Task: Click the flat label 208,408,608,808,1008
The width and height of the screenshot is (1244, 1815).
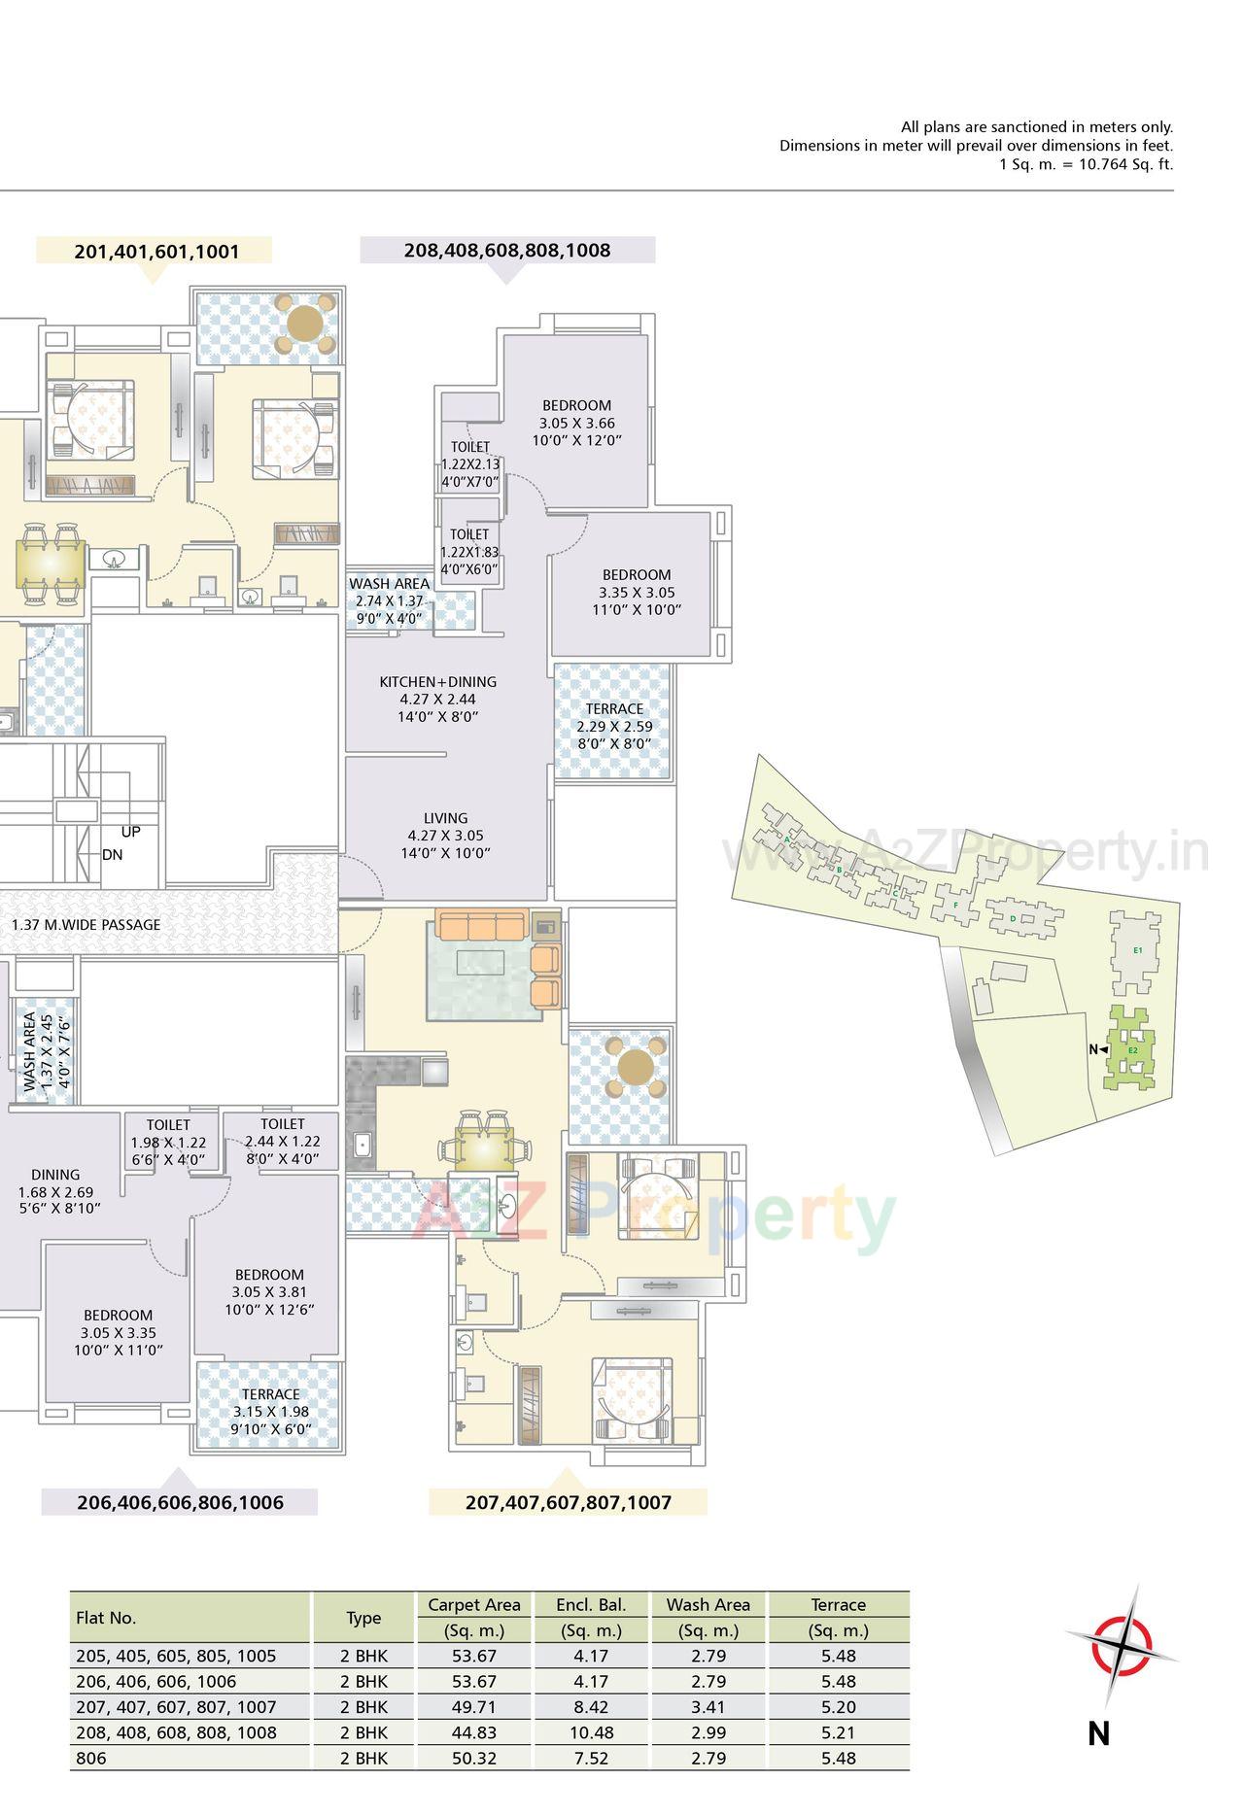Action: coord(507,251)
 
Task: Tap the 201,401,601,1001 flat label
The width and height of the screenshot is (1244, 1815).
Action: coord(156,252)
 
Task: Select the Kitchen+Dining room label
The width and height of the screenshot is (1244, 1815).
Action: coord(437,699)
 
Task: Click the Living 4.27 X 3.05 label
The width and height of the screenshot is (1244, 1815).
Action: coord(445,836)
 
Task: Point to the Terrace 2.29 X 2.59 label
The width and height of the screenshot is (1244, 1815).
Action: coord(614,726)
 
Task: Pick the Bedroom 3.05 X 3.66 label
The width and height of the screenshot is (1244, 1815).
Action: coord(576,423)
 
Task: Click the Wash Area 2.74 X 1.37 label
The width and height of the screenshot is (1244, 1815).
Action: coord(389,600)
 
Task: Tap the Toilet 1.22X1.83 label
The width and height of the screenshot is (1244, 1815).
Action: coord(469,552)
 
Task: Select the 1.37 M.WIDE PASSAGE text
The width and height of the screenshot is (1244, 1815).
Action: coord(86,924)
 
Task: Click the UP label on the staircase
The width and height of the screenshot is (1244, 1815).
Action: coord(130,833)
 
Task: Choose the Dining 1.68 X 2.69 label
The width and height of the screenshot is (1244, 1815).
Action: coord(55,1191)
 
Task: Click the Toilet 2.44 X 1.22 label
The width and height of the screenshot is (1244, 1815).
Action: coord(282,1142)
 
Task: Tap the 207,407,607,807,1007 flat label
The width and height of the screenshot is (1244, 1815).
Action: coord(569,1502)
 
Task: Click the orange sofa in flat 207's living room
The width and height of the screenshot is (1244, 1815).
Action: coord(482,924)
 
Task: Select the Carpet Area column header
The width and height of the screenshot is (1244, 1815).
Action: coord(474,1605)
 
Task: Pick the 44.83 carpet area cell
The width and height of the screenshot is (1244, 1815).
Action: coord(474,1732)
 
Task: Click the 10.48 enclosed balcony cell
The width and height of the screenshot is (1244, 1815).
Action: coord(590,1732)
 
